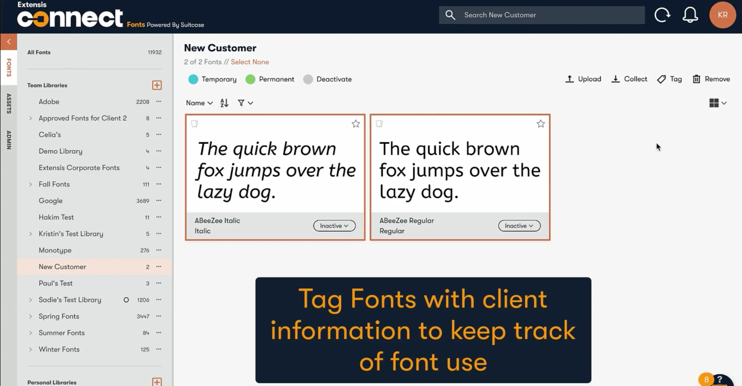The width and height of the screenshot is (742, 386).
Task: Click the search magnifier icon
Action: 450,15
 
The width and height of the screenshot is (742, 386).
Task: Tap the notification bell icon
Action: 690,15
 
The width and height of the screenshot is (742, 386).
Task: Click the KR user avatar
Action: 722,15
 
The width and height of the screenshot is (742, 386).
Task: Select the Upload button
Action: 583,79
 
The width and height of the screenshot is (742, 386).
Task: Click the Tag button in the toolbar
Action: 669,79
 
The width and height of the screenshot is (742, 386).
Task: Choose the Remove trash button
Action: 711,79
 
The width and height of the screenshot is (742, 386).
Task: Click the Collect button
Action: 629,79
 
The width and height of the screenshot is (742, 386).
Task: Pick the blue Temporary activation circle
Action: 193,79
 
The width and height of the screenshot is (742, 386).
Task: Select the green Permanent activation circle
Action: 250,79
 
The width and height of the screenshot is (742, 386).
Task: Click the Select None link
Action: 250,62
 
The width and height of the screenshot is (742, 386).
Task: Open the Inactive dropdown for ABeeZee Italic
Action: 334,226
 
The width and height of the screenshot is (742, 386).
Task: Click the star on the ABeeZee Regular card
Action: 541,124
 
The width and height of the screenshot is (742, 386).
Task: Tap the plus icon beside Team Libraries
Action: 157,85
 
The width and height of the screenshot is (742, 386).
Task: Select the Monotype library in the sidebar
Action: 55,250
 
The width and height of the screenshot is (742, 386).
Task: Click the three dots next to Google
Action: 159,200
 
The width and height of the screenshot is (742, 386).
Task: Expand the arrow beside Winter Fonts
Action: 30,349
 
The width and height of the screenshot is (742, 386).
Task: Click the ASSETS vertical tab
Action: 9,103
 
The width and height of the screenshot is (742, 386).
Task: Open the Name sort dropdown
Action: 199,103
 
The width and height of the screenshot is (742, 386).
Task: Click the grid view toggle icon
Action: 714,103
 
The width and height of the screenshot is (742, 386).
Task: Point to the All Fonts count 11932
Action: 155,52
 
